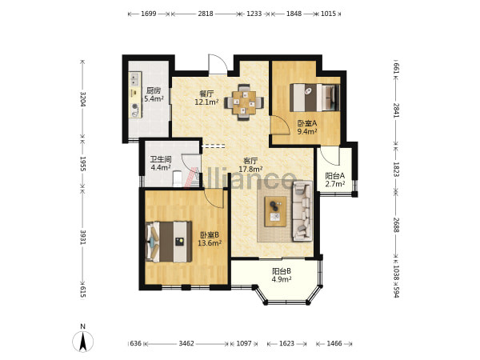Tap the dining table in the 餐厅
(x=244, y=102)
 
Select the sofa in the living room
(x=302, y=211)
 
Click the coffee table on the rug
(x=275, y=211)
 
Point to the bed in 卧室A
(x=315, y=98)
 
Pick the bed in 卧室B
(x=169, y=242)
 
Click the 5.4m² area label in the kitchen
(x=154, y=98)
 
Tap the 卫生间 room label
(x=161, y=159)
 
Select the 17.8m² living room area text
(x=250, y=169)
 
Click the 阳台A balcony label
(x=335, y=176)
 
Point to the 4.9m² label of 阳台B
(x=282, y=279)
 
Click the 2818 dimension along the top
(x=206, y=14)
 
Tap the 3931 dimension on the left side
(x=82, y=238)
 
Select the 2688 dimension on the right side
(x=396, y=225)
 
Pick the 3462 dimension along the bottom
(x=186, y=343)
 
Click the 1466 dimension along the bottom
(x=334, y=343)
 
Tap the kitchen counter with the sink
(x=135, y=95)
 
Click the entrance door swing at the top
(x=218, y=64)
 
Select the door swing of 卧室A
(x=280, y=125)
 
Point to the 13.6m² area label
(x=210, y=243)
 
